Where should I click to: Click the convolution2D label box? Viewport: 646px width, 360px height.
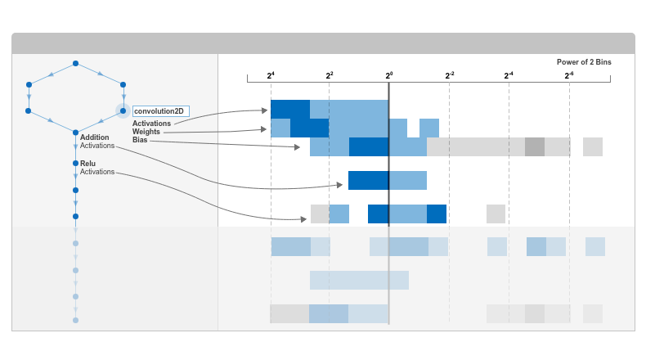160,111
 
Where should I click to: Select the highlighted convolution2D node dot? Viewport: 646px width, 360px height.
123,111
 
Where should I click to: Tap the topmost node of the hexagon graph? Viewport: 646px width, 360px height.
75,64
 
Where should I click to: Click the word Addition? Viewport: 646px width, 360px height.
94,137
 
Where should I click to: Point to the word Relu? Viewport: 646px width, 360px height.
87,164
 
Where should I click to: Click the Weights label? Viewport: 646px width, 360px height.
146,132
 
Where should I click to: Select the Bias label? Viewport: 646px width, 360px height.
140,140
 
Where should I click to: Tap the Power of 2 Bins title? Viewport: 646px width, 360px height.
584,62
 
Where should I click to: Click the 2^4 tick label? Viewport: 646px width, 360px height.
271,75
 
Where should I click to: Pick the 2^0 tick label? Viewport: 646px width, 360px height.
389,75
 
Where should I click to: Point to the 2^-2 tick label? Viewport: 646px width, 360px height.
450,75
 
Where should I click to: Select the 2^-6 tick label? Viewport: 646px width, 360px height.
569,75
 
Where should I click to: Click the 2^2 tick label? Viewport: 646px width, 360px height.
330,75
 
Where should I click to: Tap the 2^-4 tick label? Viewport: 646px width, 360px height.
509,75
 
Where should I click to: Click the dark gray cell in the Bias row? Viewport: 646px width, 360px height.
535,146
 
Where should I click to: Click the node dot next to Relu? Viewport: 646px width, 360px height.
75,164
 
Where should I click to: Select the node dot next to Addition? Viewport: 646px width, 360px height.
75,133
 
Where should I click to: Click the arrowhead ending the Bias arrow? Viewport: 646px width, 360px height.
297,146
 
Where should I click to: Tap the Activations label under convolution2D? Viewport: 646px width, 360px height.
151,124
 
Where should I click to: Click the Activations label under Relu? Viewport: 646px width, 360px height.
97,172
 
